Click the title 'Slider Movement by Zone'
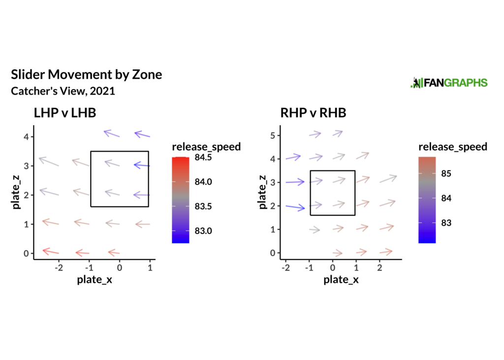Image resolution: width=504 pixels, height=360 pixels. [x=86, y=75]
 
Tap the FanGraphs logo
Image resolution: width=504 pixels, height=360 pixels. [x=448, y=83]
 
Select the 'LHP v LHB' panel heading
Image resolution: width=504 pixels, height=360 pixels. [x=64, y=113]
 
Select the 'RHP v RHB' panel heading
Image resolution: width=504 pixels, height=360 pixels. [x=313, y=113]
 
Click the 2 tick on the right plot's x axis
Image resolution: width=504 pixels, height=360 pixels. [x=379, y=267]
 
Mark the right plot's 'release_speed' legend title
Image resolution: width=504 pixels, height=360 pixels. [x=452, y=147]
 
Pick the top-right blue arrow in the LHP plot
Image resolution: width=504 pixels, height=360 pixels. [x=142, y=134]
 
